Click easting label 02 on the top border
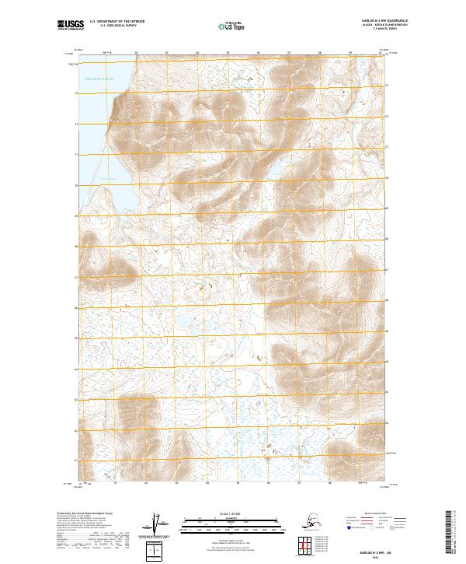coord(136,53)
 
